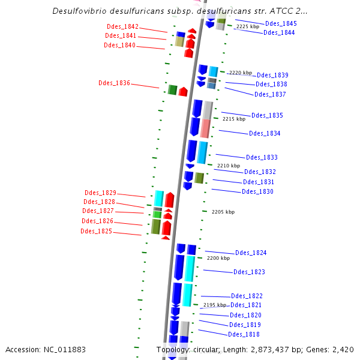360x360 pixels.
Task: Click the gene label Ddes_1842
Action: [122, 26]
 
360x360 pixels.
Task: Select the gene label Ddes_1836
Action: [114, 83]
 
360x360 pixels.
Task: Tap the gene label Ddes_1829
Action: [100, 193]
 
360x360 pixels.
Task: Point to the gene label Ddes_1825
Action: [96, 231]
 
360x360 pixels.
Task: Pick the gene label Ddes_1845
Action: [281, 23]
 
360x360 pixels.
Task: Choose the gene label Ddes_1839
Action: [272, 75]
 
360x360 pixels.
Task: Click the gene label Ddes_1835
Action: [267, 115]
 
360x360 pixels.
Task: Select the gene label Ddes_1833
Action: [262, 157]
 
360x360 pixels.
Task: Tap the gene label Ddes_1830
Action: [257, 191]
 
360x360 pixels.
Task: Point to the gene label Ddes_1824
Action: [251, 253]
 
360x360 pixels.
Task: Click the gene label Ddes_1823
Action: [249, 272]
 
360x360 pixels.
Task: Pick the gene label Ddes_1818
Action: [244, 334]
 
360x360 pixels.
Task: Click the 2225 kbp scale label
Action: [248, 27]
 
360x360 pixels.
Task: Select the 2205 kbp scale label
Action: [223, 212]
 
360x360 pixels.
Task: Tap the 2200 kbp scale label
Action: [218, 258]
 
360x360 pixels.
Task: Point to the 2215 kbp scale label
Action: [234, 119]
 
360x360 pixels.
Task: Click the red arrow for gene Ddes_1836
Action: [183, 91]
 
